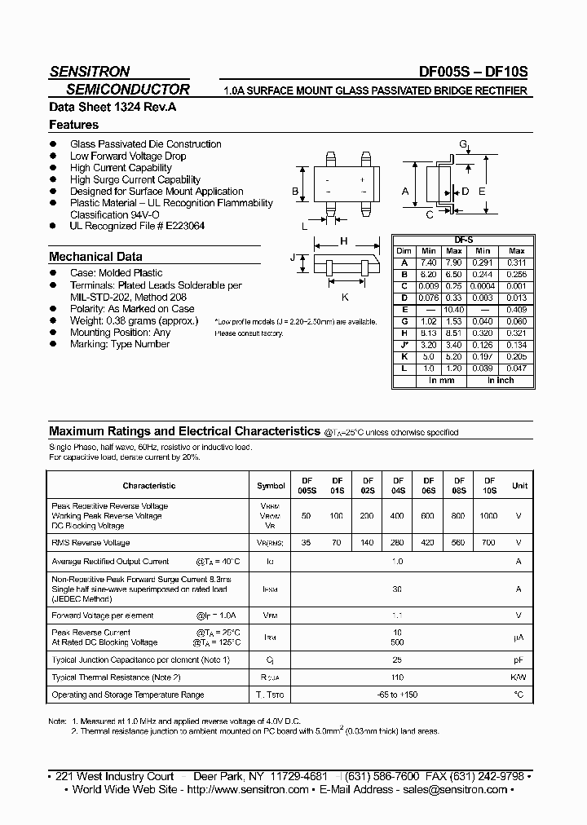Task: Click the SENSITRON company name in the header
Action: [90, 72]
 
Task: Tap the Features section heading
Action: [74, 125]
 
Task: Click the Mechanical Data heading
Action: [95, 256]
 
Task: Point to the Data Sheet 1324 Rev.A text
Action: [101, 107]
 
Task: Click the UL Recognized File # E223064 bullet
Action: [137, 226]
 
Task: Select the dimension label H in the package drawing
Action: [344, 241]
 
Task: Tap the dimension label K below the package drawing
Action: [344, 298]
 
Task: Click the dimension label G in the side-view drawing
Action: [462, 144]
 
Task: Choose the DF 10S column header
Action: [489, 486]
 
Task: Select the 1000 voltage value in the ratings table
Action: [489, 517]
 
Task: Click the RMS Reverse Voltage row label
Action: [90, 542]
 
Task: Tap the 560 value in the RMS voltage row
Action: [459, 542]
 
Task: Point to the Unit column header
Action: [519, 486]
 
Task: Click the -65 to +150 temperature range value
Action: [398, 695]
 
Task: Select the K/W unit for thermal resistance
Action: [519, 677]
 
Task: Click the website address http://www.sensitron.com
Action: [248, 789]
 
